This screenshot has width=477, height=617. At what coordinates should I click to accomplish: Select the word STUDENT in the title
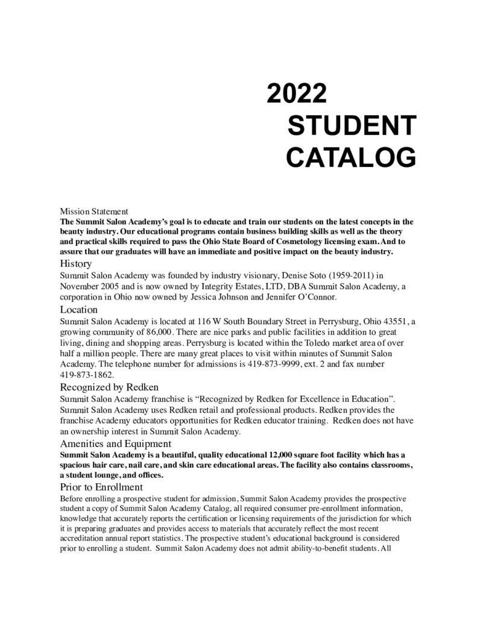point(352,126)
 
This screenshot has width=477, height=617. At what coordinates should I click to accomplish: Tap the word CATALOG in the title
point(350,157)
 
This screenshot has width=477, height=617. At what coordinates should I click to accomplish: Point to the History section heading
point(75,263)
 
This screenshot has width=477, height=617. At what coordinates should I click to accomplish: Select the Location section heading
point(79,309)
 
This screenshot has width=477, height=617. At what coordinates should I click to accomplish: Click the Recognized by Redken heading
point(109,387)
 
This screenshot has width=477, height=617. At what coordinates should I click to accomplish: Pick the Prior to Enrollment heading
point(101,486)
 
